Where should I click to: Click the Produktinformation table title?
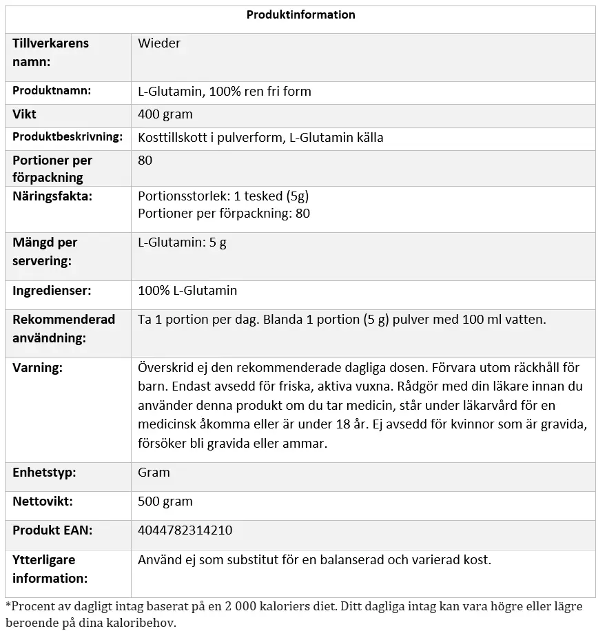point(300,14)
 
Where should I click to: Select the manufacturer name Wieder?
point(159,43)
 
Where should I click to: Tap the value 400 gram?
point(165,114)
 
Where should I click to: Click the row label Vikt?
point(25,114)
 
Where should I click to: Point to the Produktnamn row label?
point(52,90)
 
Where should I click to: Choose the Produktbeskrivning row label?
point(68,137)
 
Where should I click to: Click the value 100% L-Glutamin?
point(187,291)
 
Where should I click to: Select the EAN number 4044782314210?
point(185,530)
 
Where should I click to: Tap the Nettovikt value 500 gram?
point(165,501)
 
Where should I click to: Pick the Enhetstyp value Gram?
point(154,473)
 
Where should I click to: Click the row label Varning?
point(37,368)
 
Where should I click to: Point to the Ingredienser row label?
point(52,291)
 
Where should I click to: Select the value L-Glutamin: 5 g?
point(182,242)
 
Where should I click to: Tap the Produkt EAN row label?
point(52,530)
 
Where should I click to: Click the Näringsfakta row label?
point(52,196)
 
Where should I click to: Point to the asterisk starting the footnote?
point(8,606)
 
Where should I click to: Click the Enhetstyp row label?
point(44,473)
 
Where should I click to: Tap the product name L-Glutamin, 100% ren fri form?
point(225,91)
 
